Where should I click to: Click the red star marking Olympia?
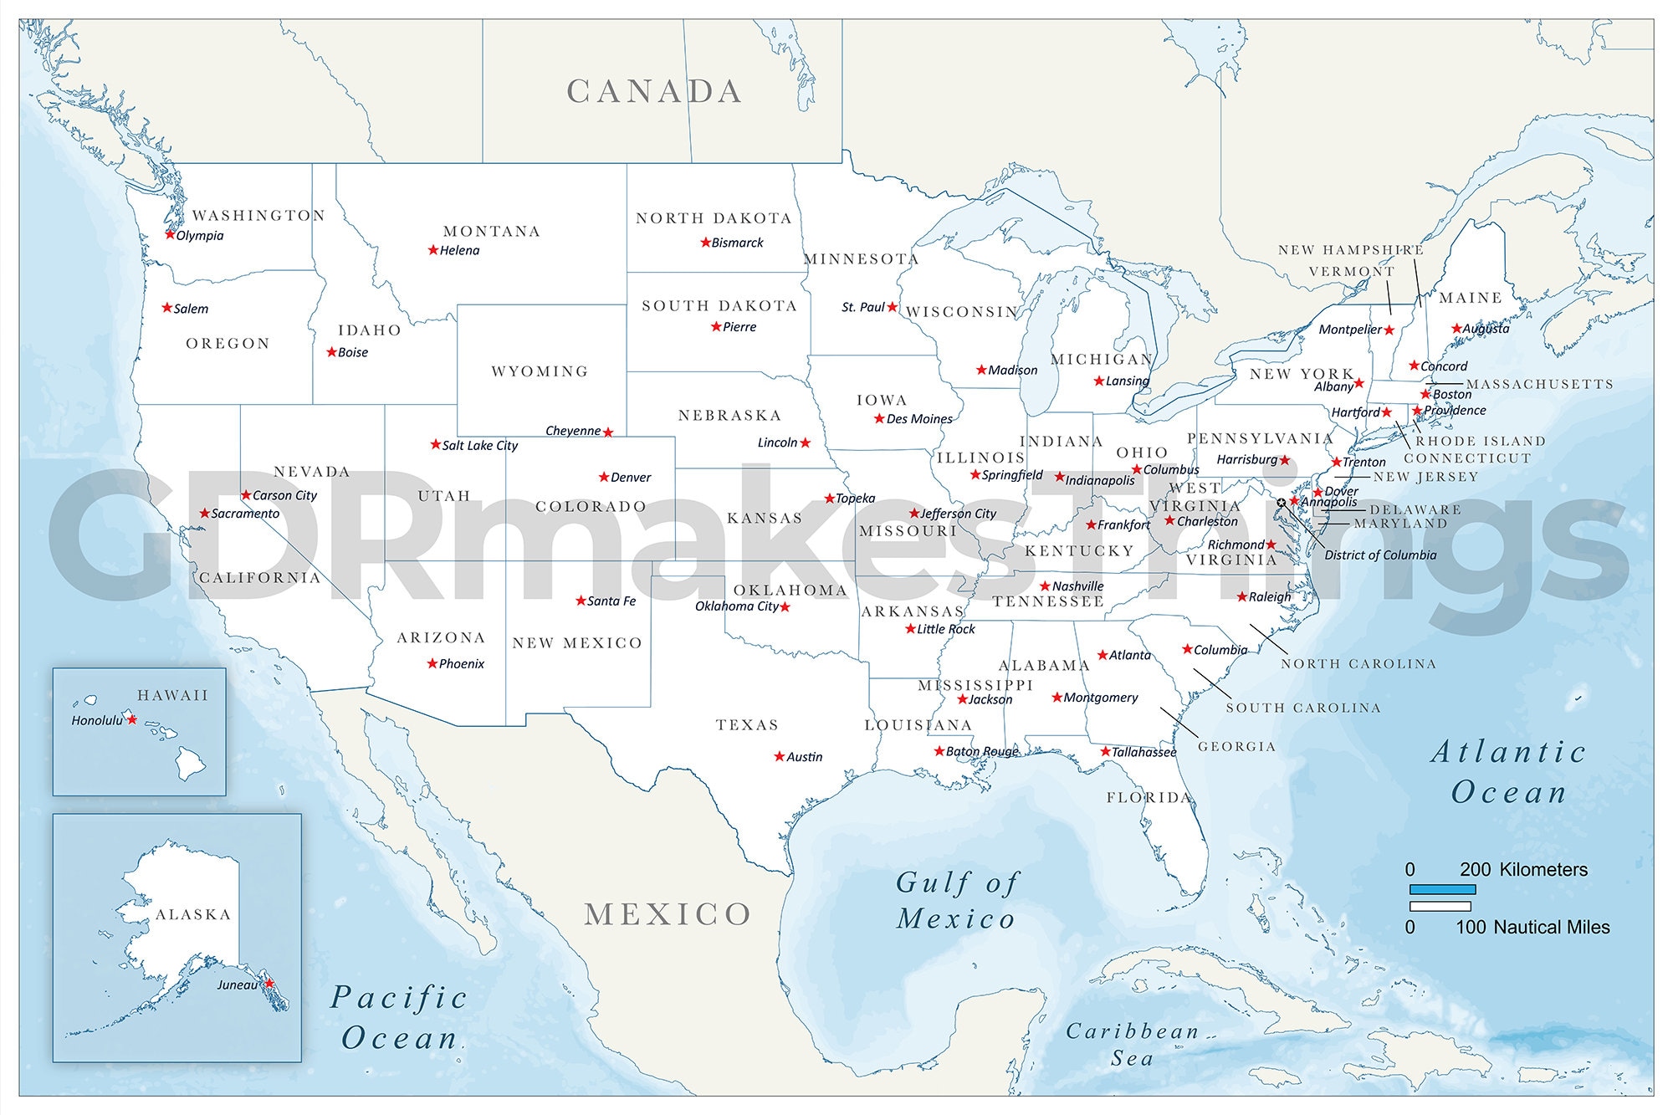click(170, 235)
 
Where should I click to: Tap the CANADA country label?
click(654, 92)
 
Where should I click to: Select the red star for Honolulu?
click(131, 719)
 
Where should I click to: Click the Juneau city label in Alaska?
click(238, 985)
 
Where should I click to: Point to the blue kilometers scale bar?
click(1442, 889)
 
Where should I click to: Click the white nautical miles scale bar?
click(1440, 907)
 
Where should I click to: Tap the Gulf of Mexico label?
click(957, 900)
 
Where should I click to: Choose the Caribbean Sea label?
click(1133, 1044)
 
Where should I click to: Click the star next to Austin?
click(780, 756)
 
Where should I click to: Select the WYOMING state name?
click(540, 371)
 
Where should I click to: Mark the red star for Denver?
click(604, 477)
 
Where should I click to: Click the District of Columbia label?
click(1380, 555)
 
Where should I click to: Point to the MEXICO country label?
click(668, 915)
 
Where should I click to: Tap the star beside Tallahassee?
click(1105, 752)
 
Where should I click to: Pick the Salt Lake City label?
click(480, 446)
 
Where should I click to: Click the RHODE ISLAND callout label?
click(1481, 441)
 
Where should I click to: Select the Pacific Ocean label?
click(400, 1018)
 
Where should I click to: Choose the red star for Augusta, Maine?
click(1456, 329)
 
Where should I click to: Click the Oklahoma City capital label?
click(736, 606)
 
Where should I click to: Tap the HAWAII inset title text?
click(173, 695)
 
